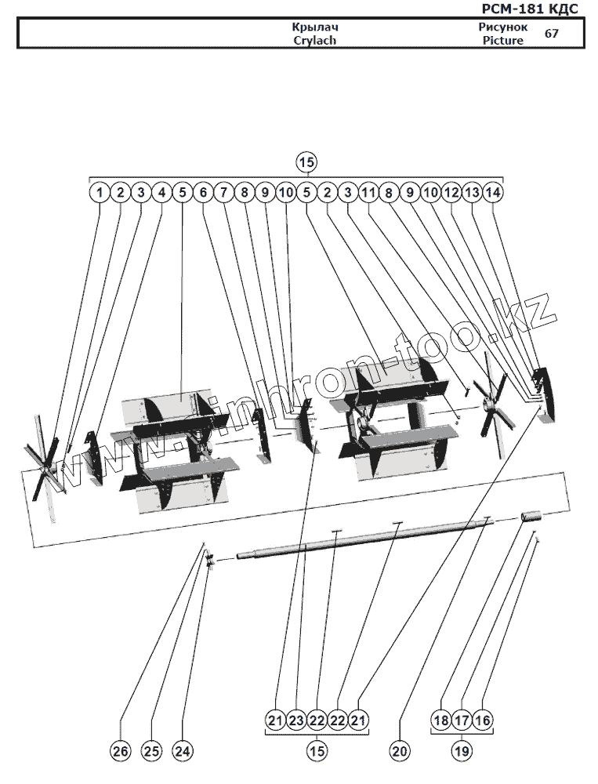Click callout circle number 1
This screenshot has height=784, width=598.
[100, 191]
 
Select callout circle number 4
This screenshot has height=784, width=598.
[161, 191]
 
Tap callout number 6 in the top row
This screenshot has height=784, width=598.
[203, 191]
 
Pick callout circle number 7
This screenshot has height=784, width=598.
[223, 191]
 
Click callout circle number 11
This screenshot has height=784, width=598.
[369, 191]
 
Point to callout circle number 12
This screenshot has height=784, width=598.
[451, 191]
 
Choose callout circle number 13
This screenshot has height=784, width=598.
[472, 191]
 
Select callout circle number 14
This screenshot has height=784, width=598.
[493, 191]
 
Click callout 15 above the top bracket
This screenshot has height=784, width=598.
[306, 162]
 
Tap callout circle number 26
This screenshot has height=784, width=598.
[120, 751]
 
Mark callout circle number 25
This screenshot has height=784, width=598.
[151, 751]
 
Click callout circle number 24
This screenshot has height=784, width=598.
[183, 751]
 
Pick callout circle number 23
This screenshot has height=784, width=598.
[295, 720]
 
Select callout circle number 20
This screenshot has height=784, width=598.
[400, 751]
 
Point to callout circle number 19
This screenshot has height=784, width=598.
[462, 751]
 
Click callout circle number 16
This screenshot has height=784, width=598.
[483, 720]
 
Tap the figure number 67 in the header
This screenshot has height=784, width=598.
[552, 34]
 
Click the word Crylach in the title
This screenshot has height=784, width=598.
[314, 40]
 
